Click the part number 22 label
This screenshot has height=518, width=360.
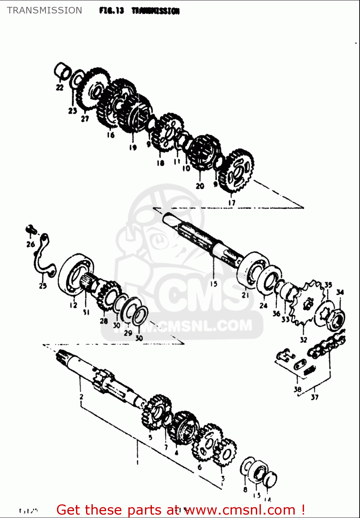pos(60,87)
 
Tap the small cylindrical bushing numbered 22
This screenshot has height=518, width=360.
pos(62,71)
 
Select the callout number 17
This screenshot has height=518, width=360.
pos(232,203)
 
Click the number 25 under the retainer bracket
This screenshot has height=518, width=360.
pos(43,286)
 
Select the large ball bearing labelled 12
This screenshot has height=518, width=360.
pos(75,274)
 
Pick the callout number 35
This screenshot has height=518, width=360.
pos(328,285)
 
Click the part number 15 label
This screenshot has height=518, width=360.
pos(214,284)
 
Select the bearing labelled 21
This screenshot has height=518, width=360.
pos(254,269)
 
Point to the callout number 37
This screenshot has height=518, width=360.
pos(314,397)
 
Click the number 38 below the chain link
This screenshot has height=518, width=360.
pos(298,390)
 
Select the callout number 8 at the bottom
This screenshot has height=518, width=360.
pos(245,489)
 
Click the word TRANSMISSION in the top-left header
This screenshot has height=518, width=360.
pos(45,10)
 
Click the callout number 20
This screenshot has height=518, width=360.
pos(200,186)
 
